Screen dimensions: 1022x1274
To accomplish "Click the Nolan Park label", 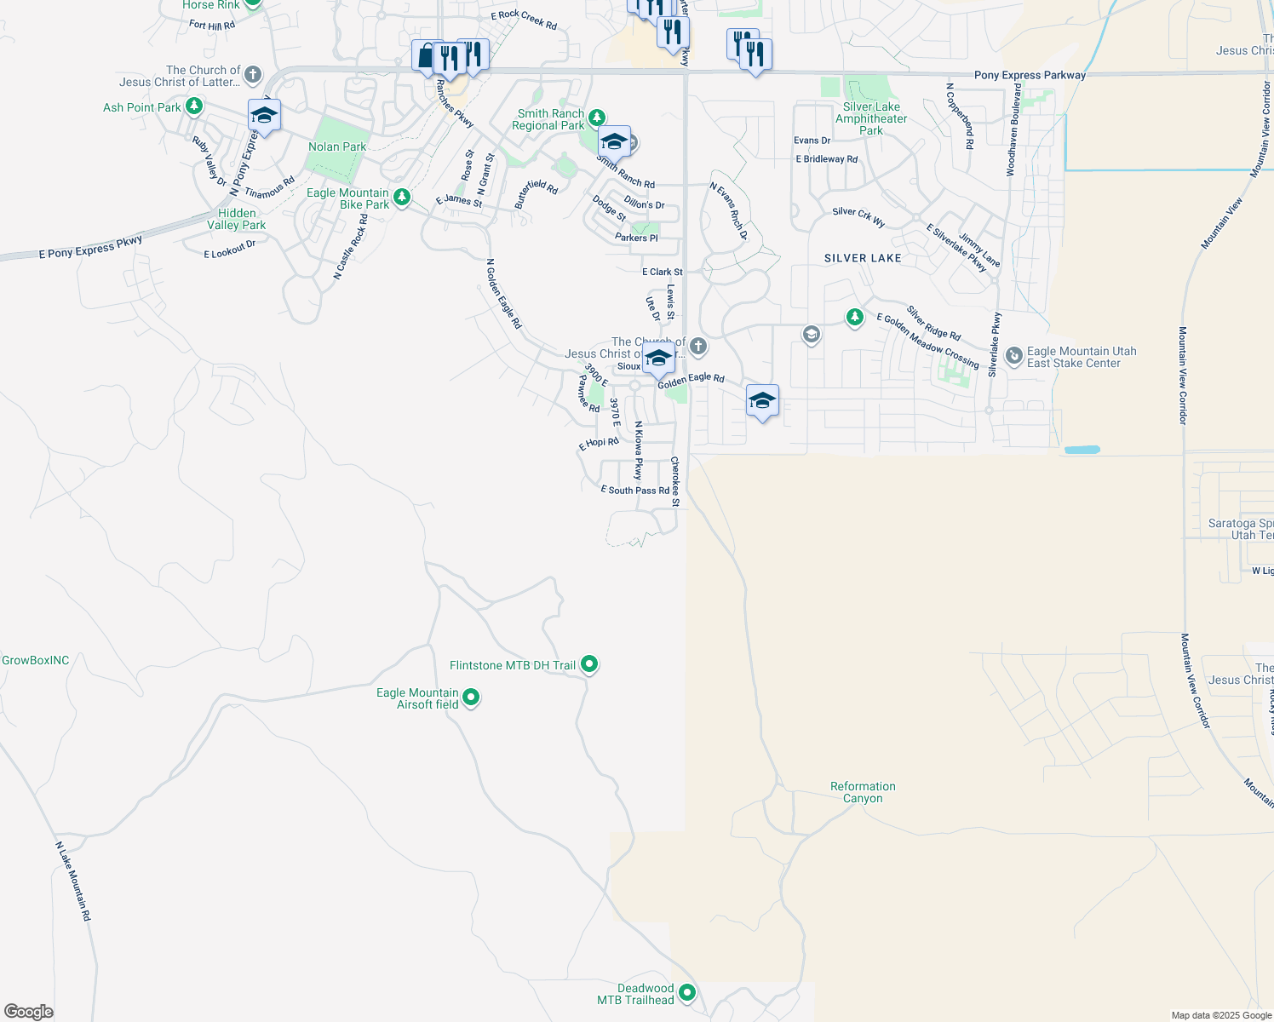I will (x=337, y=146).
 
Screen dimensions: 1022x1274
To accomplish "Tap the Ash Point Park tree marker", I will (x=195, y=106).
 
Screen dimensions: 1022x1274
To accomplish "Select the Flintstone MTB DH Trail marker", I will (x=589, y=664).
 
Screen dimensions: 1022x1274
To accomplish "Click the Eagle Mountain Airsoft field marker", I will (x=471, y=698).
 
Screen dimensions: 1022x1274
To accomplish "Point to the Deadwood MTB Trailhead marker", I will (x=687, y=992).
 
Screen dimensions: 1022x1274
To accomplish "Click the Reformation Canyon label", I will (x=863, y=792).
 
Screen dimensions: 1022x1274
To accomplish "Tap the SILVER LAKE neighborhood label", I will (x=863, y=258).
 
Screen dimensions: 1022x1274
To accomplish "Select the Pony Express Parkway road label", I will (x=1030, y=75).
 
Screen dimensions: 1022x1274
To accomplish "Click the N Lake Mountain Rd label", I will (x=73, y=881).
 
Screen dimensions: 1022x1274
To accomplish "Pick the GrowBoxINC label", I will (x=36, y=660).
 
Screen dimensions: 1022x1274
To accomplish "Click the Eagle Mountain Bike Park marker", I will (x=402, y=198).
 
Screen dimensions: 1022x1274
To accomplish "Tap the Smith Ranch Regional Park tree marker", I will (x=597, y=118).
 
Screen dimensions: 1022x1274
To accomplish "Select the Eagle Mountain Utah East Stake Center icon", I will (x=1013, y=356).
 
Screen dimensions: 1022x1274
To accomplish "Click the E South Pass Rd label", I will (x=634, y=491).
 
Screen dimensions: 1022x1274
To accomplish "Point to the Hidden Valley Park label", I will (x=237, y=219).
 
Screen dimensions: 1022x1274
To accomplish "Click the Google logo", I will (x=29, y=1012).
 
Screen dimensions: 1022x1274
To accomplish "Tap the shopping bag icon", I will (x=425, y=56).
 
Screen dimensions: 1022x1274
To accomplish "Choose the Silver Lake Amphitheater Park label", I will (x=871, y=118).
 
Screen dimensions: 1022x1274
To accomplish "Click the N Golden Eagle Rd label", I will (x=503, y=294).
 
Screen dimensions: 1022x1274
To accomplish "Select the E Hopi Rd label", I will (x=599, y=443).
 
